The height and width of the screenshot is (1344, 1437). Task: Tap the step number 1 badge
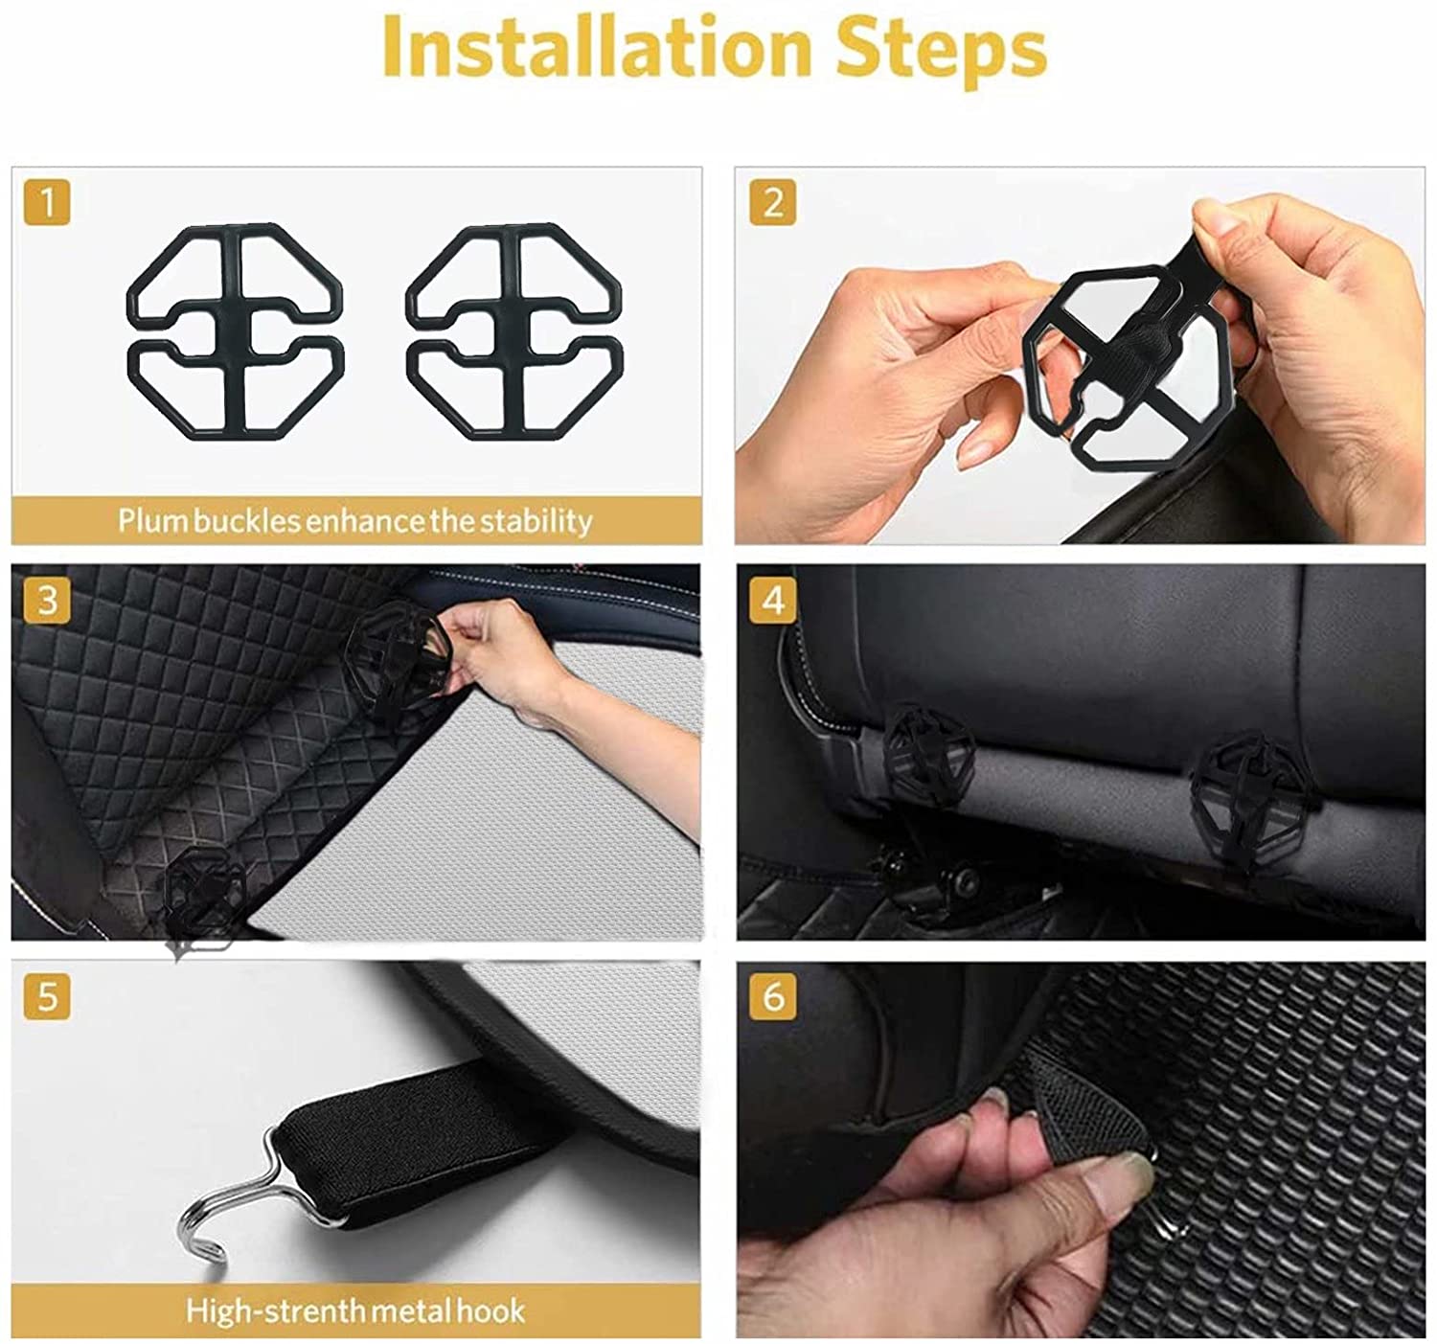(46, 202)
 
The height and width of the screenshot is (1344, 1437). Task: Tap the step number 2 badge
(773, 202)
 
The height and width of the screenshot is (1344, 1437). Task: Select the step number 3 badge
(46, 600)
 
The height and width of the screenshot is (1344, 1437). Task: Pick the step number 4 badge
(773, 600)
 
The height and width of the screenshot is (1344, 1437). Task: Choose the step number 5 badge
(46, 996)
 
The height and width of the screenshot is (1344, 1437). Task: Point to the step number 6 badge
(773, 996)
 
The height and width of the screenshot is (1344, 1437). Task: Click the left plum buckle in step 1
(236, 330)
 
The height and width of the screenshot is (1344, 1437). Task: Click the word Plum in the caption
(152, 521)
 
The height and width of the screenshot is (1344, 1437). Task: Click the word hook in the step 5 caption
(490, 1310)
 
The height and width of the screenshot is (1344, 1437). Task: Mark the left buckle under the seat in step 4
(924, 757)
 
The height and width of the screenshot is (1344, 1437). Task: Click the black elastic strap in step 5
(422, 1135)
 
